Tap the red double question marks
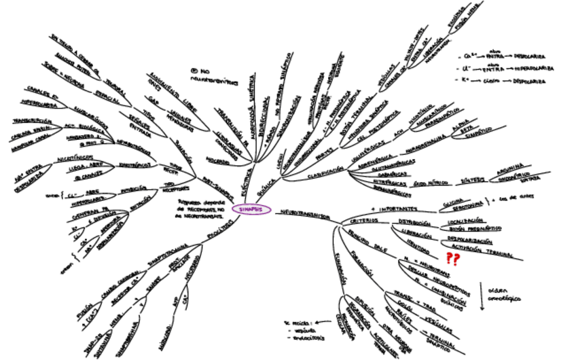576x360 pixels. tap(452, 258)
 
